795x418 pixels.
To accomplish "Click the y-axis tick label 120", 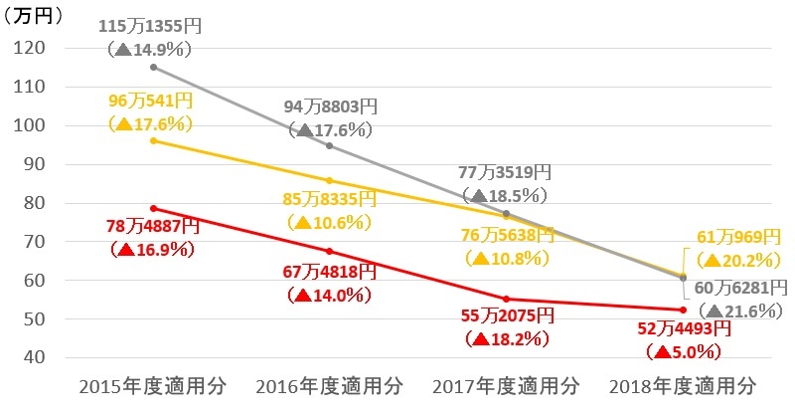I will pyautogui.click(x=33, y=48).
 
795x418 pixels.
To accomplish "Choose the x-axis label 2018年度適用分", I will pyautogui.click(x=682, y=385).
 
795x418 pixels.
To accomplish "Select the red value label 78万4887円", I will pyautogui.click(x=153, y=227).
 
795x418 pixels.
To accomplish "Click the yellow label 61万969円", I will pyautogui.click(x=738, y=237).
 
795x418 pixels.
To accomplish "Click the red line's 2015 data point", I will pyautogui.click(x=153, y=208).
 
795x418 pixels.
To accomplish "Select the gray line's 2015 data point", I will pyautogui.click(x=153, y=67).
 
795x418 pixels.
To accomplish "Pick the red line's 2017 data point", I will pyautogui.click(x=506, y=299).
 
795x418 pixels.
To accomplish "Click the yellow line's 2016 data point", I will pyautogui.click(x=330, y=181).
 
